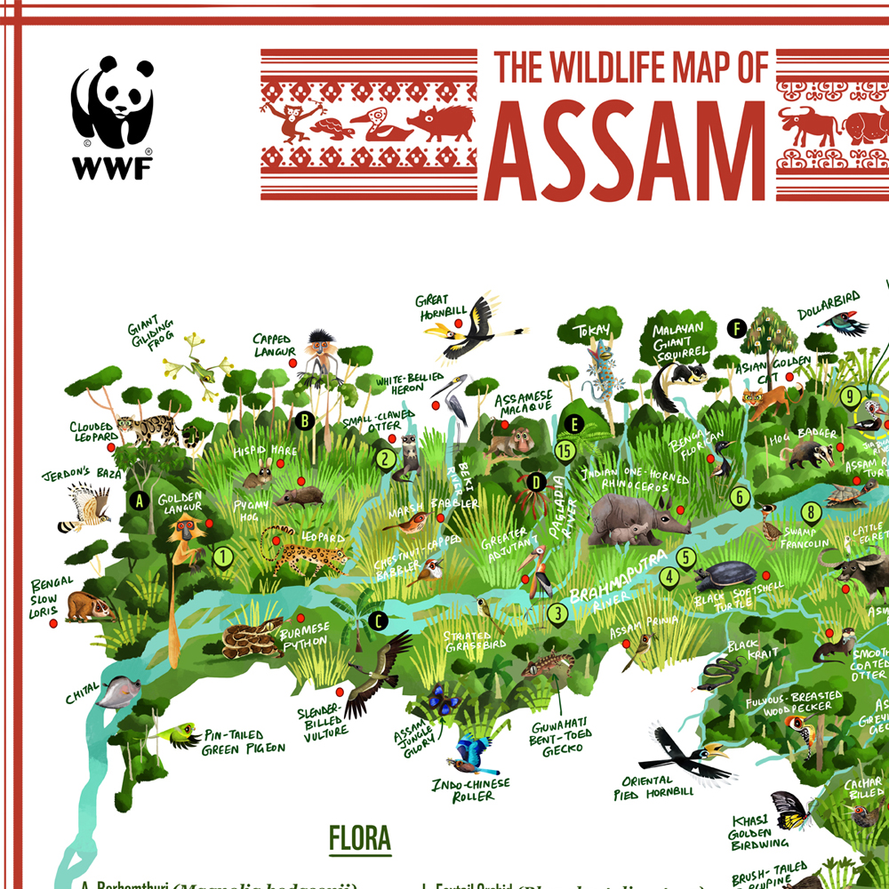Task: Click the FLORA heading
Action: (x=359, y=837)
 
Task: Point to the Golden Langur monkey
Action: (x=186, y=538)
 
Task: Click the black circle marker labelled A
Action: (x=138, y=500)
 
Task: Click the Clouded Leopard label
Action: (x=92, y=432)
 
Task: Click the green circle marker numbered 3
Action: (x=557, y=612)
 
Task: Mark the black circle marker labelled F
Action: (x=735, y=328)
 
